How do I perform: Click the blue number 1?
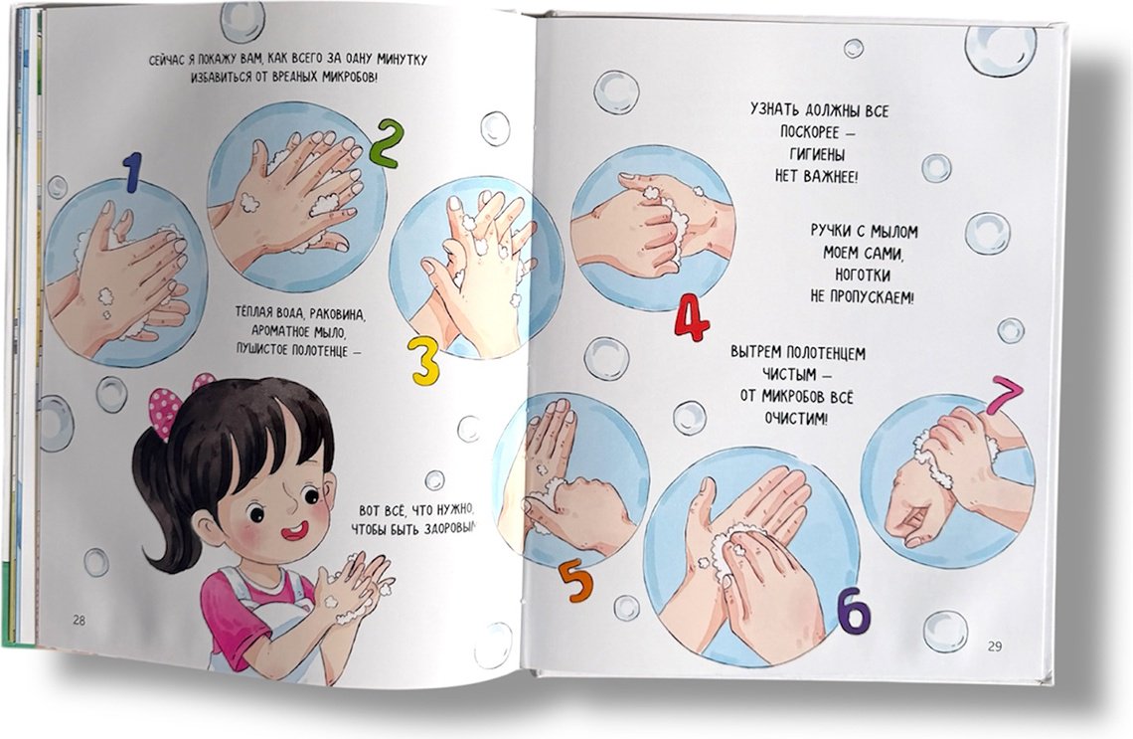[132, 172]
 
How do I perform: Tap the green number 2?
[386, 143]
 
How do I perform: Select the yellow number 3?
[424, 359]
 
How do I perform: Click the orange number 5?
[575, 581]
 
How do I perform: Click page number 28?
[79, 620]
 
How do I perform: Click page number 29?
[995, 647]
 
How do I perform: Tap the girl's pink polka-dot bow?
[171, 406]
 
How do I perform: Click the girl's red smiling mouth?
[295, 531]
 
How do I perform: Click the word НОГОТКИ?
[863, 275]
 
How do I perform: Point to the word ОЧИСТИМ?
[795, 419]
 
